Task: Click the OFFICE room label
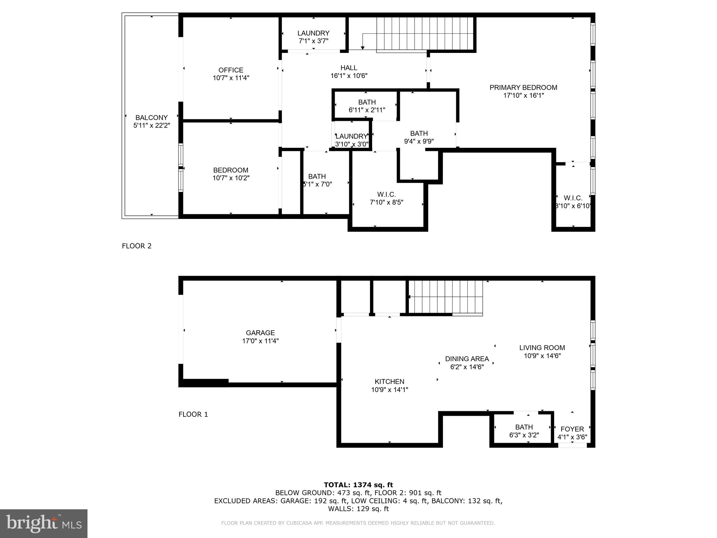pos(231,70)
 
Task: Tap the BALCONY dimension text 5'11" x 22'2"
pos(152,125)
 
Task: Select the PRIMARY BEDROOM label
pos(523,88)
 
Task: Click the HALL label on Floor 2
pos(349,68)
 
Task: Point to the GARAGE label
pos(260,333)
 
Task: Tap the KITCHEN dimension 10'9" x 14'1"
pos(390,389)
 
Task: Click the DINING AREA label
pos(467,359)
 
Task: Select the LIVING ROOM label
pos(542,348)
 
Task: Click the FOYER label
pos(572,429)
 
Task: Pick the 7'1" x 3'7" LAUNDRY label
pos(313,33)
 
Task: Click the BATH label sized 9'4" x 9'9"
pos(419,133)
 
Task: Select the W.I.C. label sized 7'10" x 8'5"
pos(387,194)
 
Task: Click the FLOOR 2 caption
pos(137,246)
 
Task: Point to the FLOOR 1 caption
pos(193,414)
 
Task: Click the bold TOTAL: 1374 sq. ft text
pos(358,485)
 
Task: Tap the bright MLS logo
pos(44,524)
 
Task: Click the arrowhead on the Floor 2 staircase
pos(362,48)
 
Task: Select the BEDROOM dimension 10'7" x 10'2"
pos(231,178)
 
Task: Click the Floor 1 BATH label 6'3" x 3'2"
pos(524,427)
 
